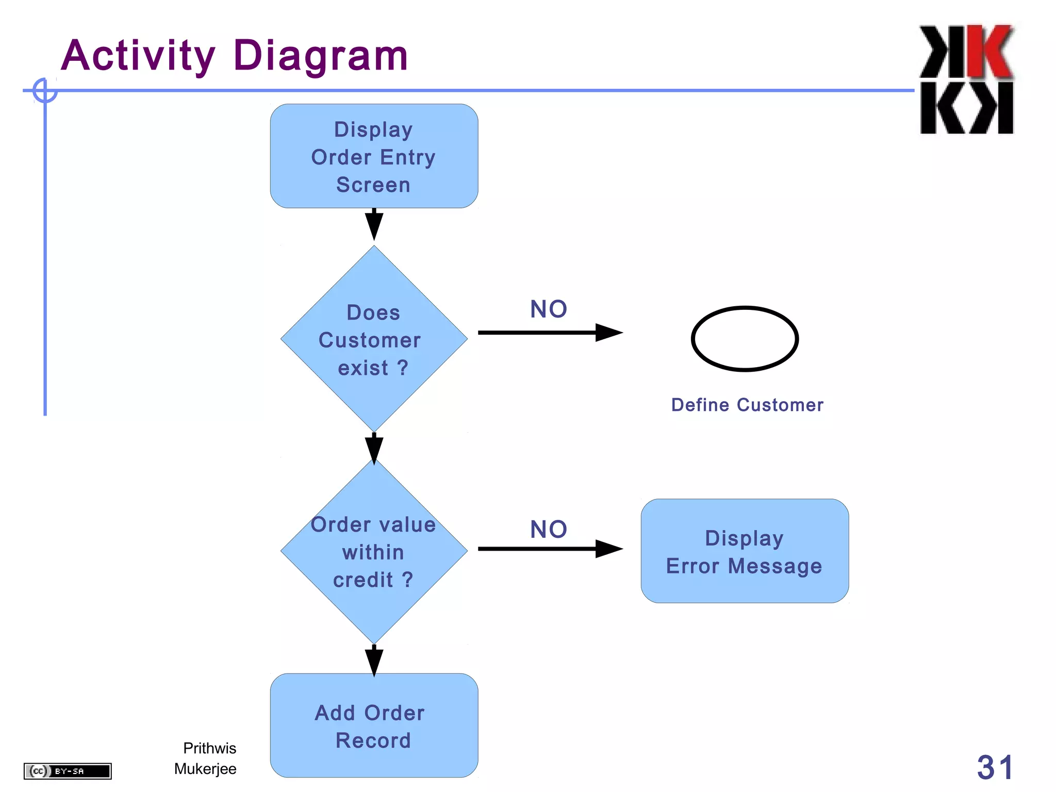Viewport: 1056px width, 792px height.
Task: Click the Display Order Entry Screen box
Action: [x=374, y=156]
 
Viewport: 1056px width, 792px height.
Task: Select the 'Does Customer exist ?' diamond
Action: [x=374, y=339]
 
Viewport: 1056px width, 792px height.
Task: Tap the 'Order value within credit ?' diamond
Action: [x=374, y=552]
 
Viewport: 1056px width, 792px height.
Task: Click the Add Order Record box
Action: [x=374, y=725]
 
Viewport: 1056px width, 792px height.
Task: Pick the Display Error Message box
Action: [x=745, y=551]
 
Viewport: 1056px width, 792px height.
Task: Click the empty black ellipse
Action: [x=745, y=339]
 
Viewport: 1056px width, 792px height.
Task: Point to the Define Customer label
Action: [x=747, y=405]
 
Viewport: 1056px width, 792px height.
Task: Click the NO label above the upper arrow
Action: [x=549, y=309]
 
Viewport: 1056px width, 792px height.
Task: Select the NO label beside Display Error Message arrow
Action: [x=549, y=530]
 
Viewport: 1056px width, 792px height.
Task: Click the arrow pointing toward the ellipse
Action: [x=550, y=333]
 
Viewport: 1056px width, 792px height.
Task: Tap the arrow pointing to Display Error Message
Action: [x=550, y=549]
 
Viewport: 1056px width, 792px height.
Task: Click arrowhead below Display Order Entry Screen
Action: [x=374, y=225]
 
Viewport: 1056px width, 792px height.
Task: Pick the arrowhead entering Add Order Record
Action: [x=374, y=662]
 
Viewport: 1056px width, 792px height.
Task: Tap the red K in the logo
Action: [x=989, y=52]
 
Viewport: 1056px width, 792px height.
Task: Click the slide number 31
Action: [x=995, y=767]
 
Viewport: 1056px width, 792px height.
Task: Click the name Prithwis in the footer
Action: [x=209, y=748]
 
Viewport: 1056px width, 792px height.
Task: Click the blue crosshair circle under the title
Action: [x=45, y=91]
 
